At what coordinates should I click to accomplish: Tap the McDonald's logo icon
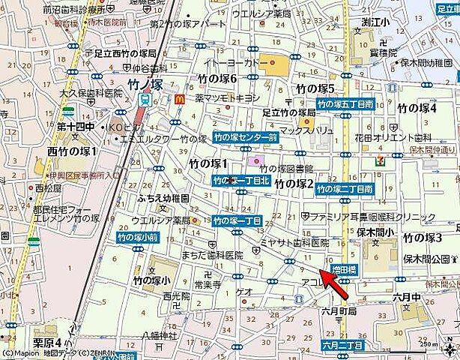(178, 97)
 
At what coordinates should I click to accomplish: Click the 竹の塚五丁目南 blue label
(344, 104)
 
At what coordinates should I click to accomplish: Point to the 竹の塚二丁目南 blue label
(344, 189)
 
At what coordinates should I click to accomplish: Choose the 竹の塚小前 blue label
(138, 237)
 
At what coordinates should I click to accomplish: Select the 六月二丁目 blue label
(343, 345)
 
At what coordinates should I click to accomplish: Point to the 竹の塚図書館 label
(285, 169)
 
